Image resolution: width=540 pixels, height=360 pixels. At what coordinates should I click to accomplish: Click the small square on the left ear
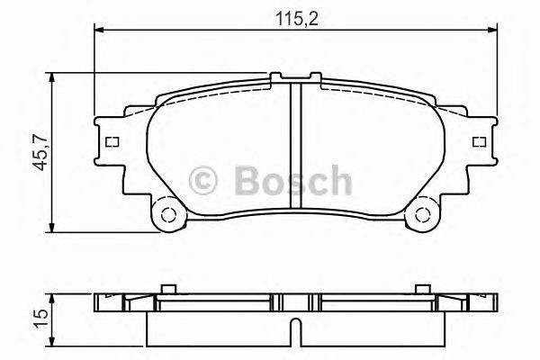[112, 141]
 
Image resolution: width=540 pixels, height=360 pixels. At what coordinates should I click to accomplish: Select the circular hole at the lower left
[165, 214]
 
